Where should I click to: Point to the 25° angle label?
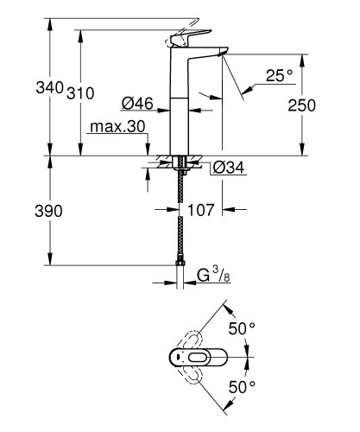pyautogui.click(x=280, y=76)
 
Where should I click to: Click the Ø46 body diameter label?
pyautogui.click(x=137, y=104)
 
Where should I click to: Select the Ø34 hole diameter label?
pyautogui.click(x=228, y=167)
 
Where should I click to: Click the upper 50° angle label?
pyautogui.click(x=243, y=329)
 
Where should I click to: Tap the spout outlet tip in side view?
pyautogui.click(x=222, y=54)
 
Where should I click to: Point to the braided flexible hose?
pyautogui.click(x=180, y=216)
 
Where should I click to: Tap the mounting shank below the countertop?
pyautogui.click(x=180, y=164)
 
